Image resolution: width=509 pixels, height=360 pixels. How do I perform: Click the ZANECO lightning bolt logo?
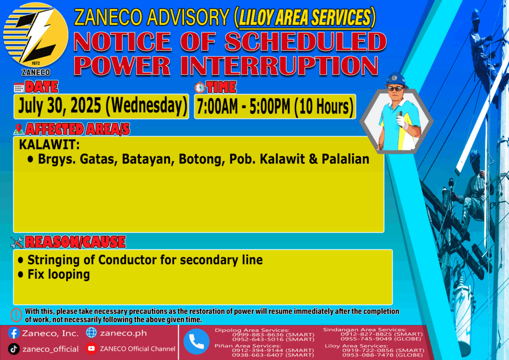pos(36,35)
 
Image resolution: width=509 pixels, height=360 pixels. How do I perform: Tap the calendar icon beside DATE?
pos(19,88)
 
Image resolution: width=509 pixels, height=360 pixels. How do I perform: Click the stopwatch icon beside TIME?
pos(200,88)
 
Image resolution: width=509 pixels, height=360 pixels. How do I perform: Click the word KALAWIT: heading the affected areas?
pos(49,145)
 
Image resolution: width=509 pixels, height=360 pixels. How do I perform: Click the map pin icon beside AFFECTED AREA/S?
pos(19,129)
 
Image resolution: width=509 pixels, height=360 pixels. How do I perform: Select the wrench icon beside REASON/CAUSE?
pos(17,242)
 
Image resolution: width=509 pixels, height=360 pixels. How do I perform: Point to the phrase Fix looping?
pos(59,274)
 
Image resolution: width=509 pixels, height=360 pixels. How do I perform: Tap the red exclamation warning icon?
pos(16,315)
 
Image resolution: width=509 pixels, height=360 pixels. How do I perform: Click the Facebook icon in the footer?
pos(13,333)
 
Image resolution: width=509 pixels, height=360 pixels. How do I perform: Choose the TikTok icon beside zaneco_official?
pos(13,349)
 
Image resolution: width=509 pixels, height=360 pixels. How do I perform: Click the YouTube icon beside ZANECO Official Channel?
pos(91,349)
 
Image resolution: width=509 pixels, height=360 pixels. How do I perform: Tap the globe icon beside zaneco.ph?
pos(91,333)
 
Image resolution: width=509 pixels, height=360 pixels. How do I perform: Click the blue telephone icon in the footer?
pos(196,342)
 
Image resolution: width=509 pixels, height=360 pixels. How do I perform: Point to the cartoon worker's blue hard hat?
pos(396,80)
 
